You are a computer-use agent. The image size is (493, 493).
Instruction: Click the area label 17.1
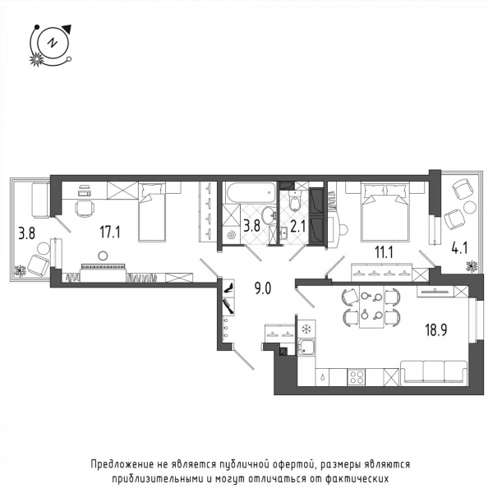(x=110, y=233)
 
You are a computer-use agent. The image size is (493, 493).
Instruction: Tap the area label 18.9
(x=436, y=330)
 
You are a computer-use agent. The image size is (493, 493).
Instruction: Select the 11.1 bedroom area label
(x=384, y=252)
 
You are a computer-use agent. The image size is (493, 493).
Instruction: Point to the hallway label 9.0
(x=263, y=288)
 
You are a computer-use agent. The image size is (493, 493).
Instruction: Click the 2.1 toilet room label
(x=297, y=227)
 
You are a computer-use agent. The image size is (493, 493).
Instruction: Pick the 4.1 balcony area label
(x=459, y=248)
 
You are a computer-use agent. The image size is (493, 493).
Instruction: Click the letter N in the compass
(x=53, y=43)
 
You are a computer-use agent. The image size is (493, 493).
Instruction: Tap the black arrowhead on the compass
(x=67, y=29)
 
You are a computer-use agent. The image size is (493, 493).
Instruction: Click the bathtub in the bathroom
(x=251, y=192)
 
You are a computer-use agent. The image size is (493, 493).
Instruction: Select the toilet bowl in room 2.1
(x=295, y=201)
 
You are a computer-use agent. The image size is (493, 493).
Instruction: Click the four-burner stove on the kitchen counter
(x=357, y=376)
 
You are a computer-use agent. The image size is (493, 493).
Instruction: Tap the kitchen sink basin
(x=306, y=348)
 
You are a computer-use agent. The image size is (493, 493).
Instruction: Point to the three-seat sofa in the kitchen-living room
(x=434, y=372)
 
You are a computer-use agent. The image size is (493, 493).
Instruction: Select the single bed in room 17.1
(x=152, y=212)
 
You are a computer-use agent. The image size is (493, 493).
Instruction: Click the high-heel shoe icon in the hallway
(x=228, y=288)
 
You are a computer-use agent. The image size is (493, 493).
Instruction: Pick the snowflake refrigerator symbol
(x=306, y=329)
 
